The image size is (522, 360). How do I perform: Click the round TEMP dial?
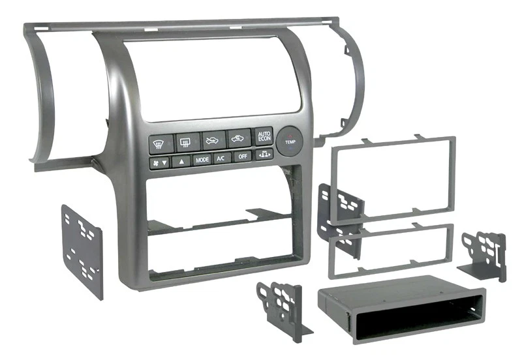click(289, 141)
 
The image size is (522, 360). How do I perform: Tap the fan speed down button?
click(159, 162)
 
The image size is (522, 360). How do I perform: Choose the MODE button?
click(202, 159)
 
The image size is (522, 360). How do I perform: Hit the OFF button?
click(242, 157)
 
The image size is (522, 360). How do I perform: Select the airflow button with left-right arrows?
click(264, 155)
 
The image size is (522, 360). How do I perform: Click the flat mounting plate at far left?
click(82, 250)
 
